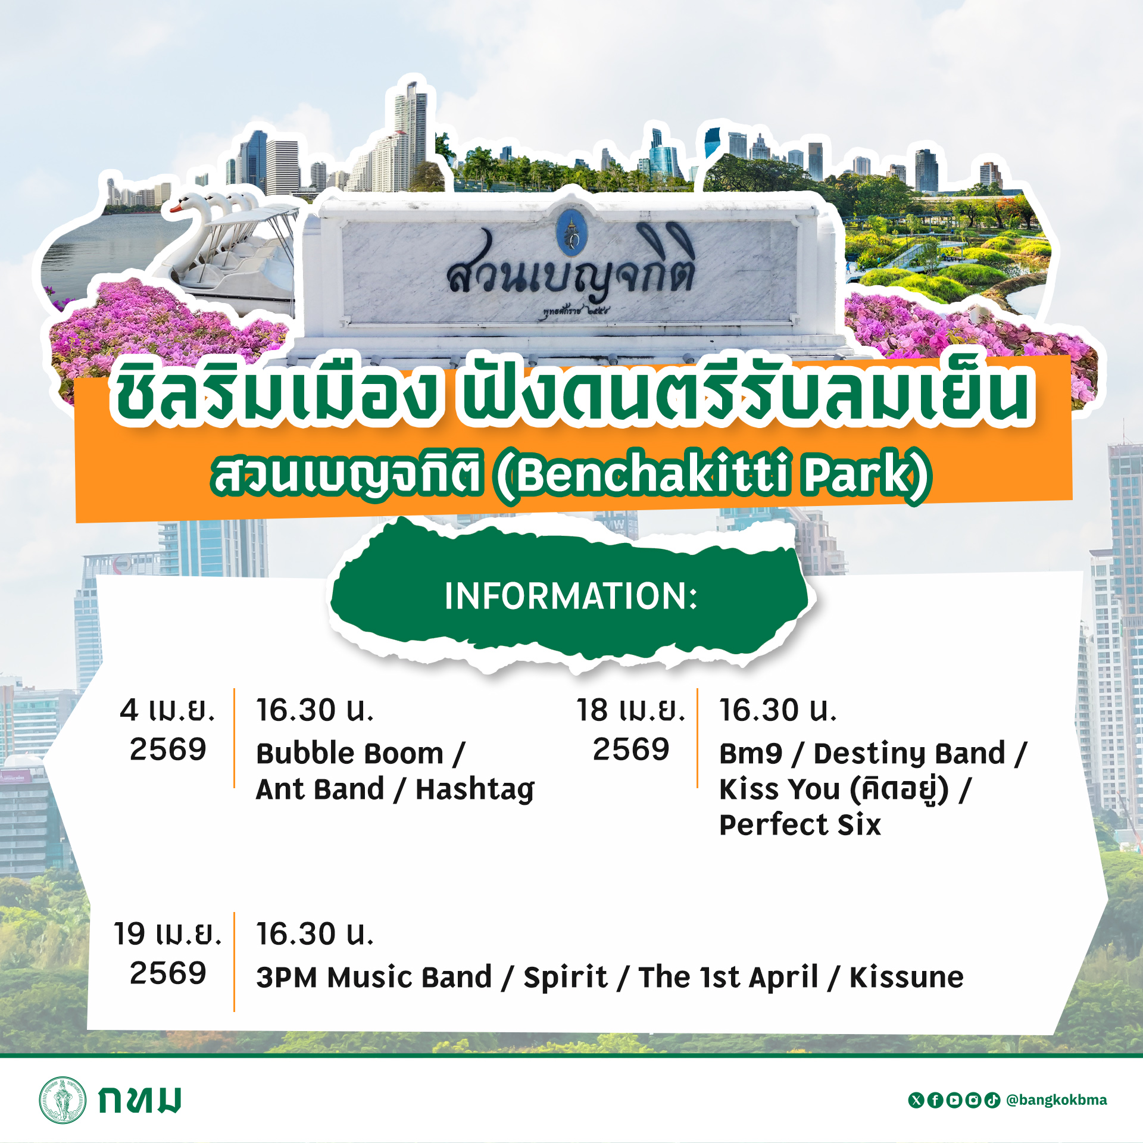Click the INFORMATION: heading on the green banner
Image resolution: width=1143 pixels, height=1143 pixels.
coord(571,596)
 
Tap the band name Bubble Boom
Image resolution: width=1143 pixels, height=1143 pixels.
coord(350,754)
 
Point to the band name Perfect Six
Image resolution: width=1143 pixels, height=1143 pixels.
coord(800,825)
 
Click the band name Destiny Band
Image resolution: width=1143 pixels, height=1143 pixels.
coord(909,754)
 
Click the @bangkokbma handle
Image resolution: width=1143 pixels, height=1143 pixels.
coord(1056,1100)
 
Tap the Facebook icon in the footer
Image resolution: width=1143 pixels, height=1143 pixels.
coord(935,1100)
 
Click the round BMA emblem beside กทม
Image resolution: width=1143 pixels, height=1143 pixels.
coord(63,1100)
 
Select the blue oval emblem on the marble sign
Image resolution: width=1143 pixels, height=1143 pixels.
coord(571,229)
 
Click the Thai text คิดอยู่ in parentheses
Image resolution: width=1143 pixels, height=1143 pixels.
coord(899,790)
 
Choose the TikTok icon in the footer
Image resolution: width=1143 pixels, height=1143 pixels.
coord(992,1100)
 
